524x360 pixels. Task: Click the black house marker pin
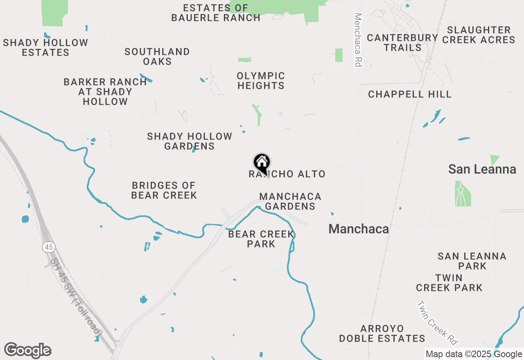(x=262, y=163)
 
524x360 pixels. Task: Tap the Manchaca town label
(x=359, y=229)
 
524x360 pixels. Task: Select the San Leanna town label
(x=482, y=169)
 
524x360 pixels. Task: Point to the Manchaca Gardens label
(x=290, y=202)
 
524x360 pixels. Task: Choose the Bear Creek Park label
(x=261, y=239)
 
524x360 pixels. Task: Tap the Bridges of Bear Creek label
(x=164, y=191)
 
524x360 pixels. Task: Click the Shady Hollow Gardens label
(x=190, y=141)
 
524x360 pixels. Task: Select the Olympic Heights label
(x=261, y=81)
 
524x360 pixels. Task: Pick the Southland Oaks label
(x=157, y=56)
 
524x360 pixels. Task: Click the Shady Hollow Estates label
(x=45, y=47)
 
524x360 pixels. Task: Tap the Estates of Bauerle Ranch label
(x=216, y=13)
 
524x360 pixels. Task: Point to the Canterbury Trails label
(x=402, y=43)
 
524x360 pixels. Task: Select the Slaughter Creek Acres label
(x=479, y=35)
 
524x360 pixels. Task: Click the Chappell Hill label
(x=410, y=94)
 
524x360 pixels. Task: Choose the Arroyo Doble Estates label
(x=382, y=334)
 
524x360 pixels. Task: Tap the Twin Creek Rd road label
(x=437, y=323)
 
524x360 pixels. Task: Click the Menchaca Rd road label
(x=359, y=40)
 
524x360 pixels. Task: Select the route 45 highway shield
(x=48, y=247)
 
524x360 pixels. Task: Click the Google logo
(x=28, y=351)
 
